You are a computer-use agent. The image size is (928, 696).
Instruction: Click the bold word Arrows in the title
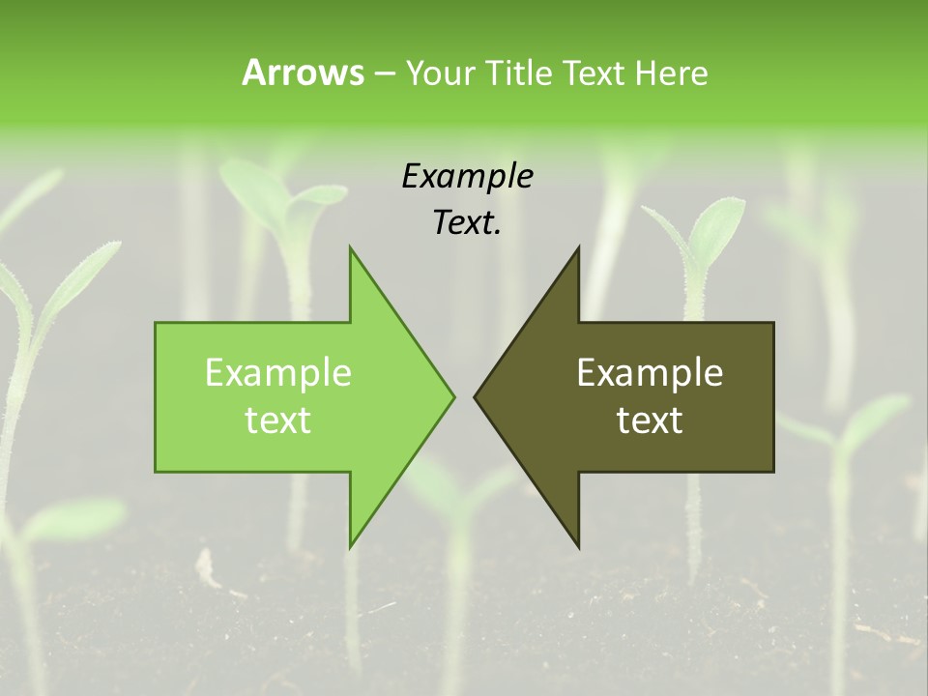point(302,72)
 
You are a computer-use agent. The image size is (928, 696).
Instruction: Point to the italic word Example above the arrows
point(467,177)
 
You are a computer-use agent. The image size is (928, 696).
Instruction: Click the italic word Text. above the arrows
point(467,223)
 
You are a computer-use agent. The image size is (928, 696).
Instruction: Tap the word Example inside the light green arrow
point(277,372)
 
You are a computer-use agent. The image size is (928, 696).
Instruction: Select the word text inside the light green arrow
point(277,420)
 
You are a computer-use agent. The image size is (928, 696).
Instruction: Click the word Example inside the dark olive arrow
point(650,372)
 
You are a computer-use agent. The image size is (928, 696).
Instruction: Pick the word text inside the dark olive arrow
point(650,420)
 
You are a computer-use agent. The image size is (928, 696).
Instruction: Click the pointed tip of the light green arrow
point(454,396)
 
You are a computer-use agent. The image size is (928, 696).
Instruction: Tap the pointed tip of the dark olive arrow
point(475,396)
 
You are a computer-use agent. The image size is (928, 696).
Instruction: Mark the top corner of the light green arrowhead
point(351,247)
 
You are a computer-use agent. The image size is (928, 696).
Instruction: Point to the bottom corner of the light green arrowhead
point(351,546)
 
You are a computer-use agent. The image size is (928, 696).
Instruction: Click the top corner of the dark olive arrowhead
point(578,247)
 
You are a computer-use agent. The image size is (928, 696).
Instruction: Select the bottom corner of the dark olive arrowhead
point(578,546)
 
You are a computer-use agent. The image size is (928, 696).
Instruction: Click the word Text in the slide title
point(594,72)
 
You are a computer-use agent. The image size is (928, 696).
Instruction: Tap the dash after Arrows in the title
point(384,73)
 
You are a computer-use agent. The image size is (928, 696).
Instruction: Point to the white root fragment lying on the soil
point(206,566)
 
